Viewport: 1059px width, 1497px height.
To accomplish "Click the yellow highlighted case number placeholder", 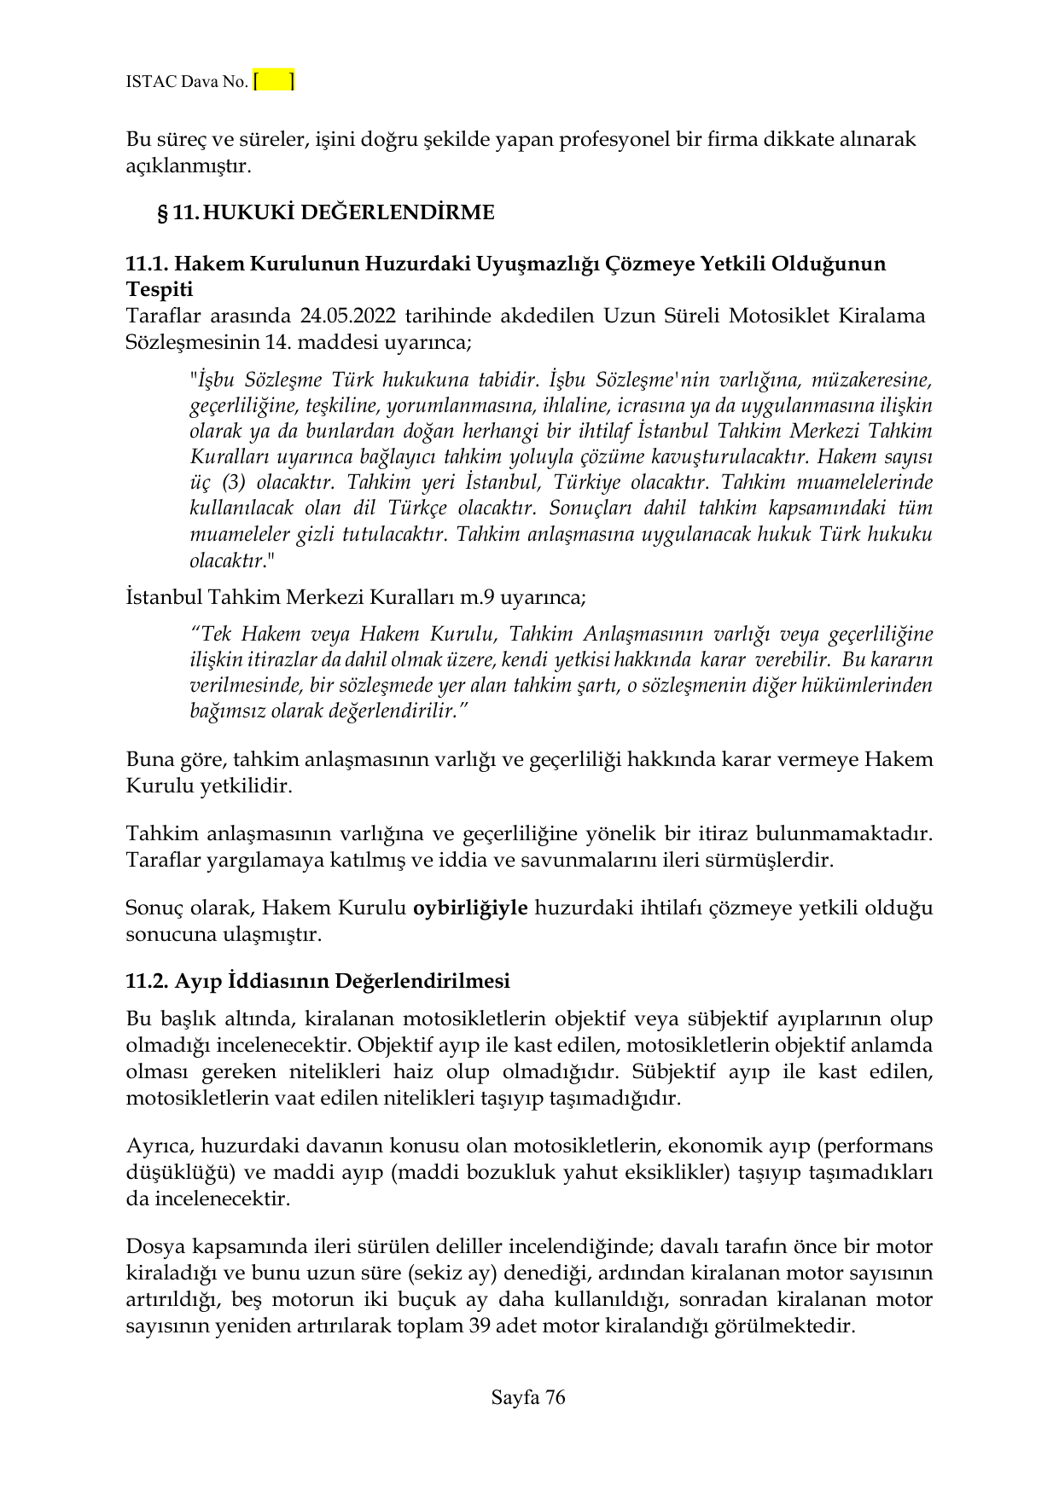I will tap(274, 81).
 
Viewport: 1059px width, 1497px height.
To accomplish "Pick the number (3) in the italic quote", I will tap(234, 483).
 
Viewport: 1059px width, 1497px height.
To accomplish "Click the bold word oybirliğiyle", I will tap(470, 907).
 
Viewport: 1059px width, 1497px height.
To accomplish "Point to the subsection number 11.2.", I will tap(147, 981).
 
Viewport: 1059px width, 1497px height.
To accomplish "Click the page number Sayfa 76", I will tap(528, 1397).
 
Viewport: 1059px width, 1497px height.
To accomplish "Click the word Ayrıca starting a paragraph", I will tap(160, 1146).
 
